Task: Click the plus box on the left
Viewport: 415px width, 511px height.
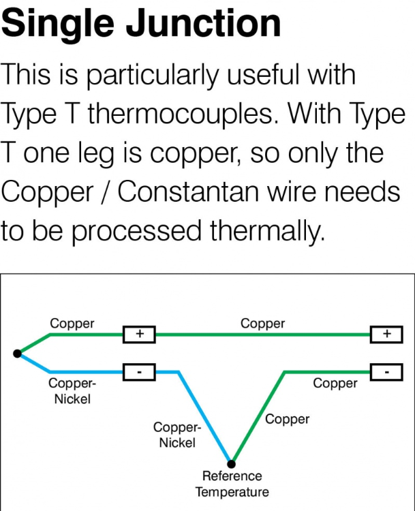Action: [139, 335]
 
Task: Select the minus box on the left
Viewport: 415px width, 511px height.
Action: [139, 372]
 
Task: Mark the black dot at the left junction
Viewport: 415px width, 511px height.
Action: [17, 353]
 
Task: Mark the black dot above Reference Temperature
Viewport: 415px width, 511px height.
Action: [232, 463]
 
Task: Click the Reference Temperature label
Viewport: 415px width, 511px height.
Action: [232, 484]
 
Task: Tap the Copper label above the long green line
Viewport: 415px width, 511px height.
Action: [262, 324]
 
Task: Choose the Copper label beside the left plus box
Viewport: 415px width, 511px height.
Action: [72, 324]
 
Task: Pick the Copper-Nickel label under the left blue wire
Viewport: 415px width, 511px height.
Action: [72, 391]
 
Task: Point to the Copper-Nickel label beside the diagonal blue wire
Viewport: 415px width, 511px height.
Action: [177, 435]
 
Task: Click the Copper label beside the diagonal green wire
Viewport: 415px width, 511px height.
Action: [288, 419]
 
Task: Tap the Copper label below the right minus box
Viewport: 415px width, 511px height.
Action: [335, 384]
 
